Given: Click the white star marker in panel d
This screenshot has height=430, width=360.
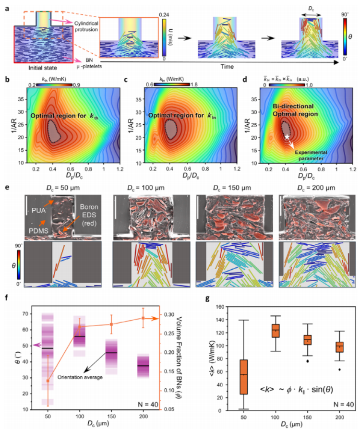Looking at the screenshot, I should tap(287, 137).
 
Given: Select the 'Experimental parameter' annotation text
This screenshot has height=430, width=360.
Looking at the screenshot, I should tap(319, 152).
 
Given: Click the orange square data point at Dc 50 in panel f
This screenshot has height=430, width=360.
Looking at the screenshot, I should tap(48, 381).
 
